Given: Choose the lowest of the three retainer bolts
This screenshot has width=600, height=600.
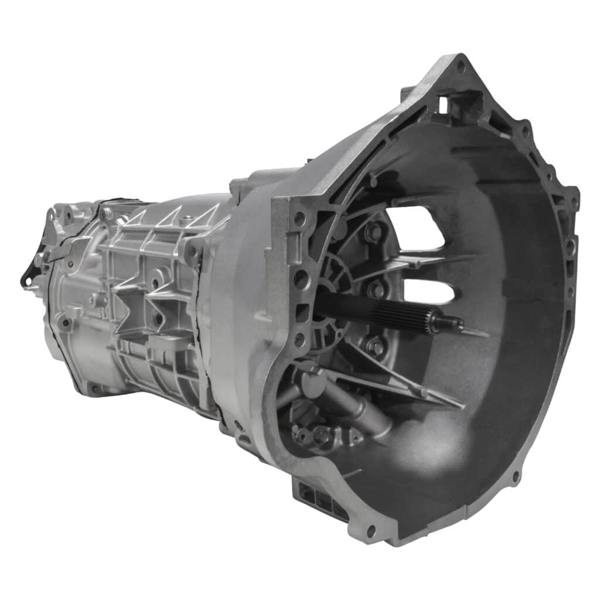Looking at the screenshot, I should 374,346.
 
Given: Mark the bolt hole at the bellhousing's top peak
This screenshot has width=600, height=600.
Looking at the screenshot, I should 461,66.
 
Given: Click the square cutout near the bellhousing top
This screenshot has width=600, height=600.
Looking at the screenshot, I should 444,105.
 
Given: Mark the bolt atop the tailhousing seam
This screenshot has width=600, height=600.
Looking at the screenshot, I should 106,214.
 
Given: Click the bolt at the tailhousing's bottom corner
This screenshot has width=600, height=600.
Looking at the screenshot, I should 93,388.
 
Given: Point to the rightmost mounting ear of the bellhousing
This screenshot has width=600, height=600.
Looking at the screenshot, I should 571,196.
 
